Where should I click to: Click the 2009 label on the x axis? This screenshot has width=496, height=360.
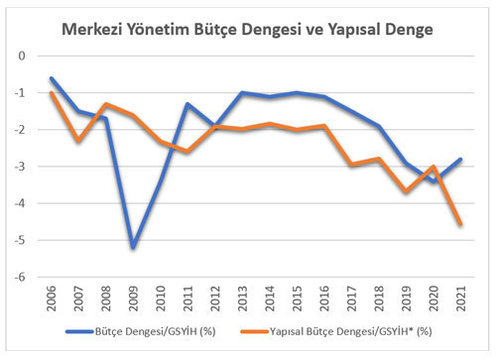pyautogui.click(x=133, y=298)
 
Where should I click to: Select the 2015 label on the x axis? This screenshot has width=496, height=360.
pyautogui.click(x=296, y=298)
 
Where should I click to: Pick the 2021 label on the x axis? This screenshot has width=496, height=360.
pyautogui.click(x=458, y=298)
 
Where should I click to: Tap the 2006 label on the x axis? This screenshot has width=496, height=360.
pyautogui.click(x=52, y=298)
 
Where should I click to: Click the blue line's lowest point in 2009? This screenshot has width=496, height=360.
pyautogui.click(x=133, y=247)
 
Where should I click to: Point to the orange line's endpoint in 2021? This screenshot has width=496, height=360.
pyautogui.click(x=458, y=224)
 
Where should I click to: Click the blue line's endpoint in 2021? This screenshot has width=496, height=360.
pyautogui.click(x=458, y=159)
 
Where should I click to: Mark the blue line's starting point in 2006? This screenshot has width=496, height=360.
pyautogui.click(x=52, y=77)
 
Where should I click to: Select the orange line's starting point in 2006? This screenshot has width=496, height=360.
pyautogui.click(x=52, y=92)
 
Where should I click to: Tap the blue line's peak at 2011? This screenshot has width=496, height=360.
pyautogui.click(x=187, y=103)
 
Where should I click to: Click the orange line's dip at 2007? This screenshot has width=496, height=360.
pyautogui.click(x=78, y=141)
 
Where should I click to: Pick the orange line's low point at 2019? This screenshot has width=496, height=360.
pyautogui.click(x=404, y=191)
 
